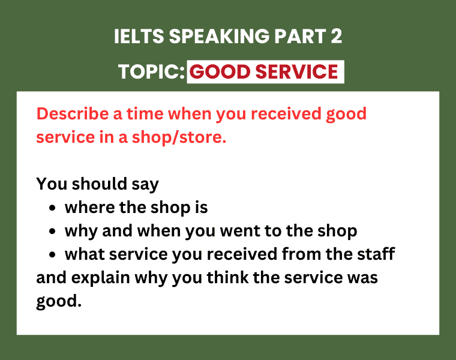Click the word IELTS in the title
pyautogui.click(x=139, y=37)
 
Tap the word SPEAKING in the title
pyautogui.click(x=219, y=37)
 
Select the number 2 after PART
pyautogui.click(x=336, y=37)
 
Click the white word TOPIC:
pyautogui.click(x=152, y=71)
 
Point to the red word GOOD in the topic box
pyautogui.click(x=220, y=71)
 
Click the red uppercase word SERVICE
pyautogui.click(x=296, y=71)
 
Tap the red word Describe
pyautogui.click(x=73, y=113)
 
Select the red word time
pyautogui.click(x=145, y=113)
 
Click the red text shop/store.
pyautogui.click(x=179, y=137)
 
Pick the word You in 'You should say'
pyautogui.click(x=52, y=184)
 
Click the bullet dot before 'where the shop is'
pyautogui.click(x=52, y=208)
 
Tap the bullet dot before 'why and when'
pyautogui.click(x=52, y=232)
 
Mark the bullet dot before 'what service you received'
pyautogui.click(x=52, y=255)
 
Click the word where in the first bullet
pyautogui.click(x=89, y=208)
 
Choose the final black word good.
pyautogui.click(x=59, y=302)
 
